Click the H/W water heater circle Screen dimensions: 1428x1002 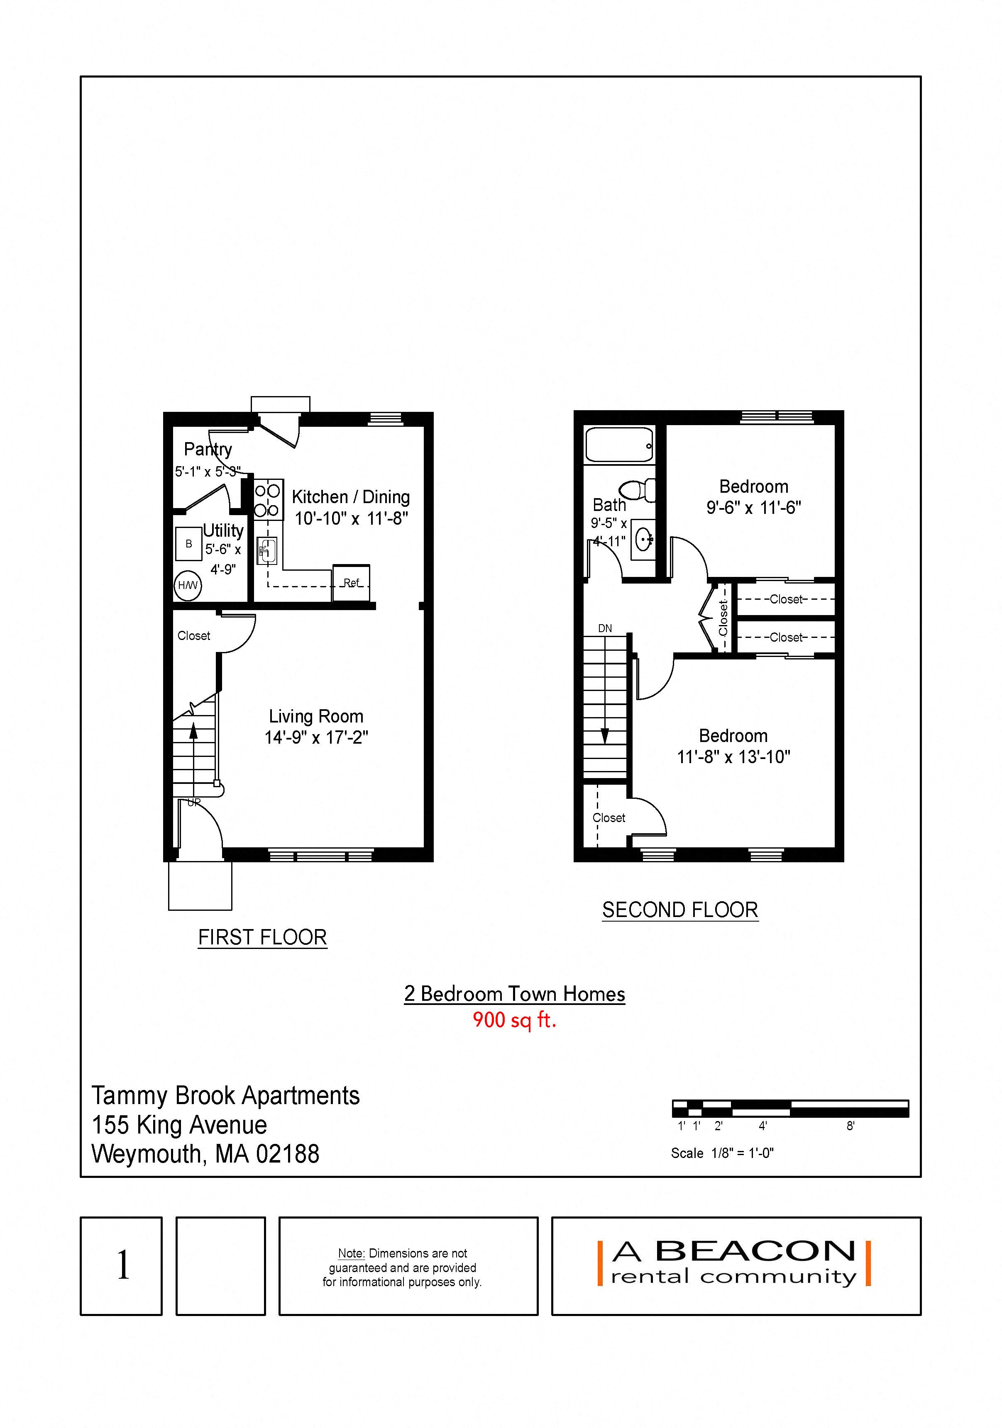[x=187, y=585]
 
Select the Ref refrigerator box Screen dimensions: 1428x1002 [x=352, y=583]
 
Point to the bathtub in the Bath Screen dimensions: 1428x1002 [x=619, y=445]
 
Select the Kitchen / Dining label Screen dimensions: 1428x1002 [x=350, y=497]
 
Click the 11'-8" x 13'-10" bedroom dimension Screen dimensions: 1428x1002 [x=733, y=757]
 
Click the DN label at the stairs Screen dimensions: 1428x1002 [x=605, y=628]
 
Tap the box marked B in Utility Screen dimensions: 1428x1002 [x=188, y=544]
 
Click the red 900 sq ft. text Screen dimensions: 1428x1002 [x=514, y=1020]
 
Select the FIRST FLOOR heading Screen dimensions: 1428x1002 [x=263, y=937]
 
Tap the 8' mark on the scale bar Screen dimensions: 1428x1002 [x=850, y=1126]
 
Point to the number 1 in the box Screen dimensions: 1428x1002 [x=123, y=1266]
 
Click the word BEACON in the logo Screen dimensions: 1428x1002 [x=755, y=1251]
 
